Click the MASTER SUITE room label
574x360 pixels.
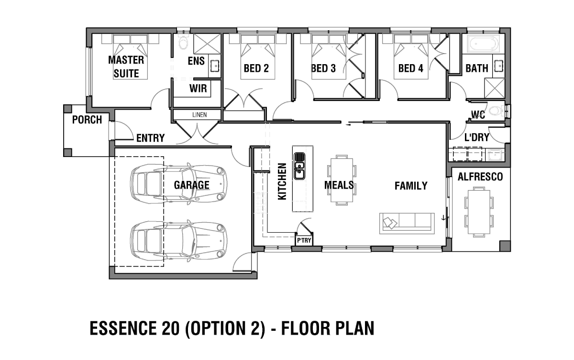[x=126, y=67]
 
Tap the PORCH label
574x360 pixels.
[x=87, y=120]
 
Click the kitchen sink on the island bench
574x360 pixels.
[x=299, y=165]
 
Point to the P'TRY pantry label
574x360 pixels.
[x=304, y=240]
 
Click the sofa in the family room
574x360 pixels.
[x=407, y=223]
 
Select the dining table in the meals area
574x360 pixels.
[x=341, y=180]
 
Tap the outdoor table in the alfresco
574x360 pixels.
[x=478, y=211]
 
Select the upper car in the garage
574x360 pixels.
[x=178, y=184]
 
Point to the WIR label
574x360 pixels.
[x=198, y=89]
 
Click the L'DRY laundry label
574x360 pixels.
[x=477, y=138]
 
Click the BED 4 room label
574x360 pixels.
[x=410, y=68]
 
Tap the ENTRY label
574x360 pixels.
[x=150, y=138]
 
